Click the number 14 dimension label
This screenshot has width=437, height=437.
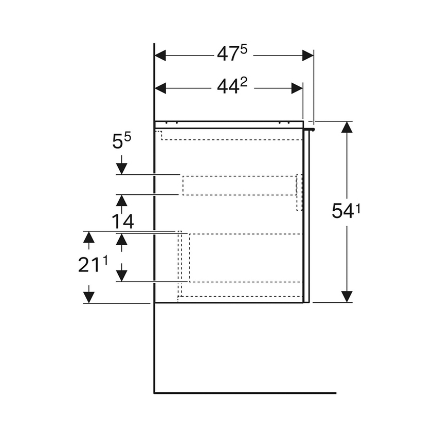click(121, 222)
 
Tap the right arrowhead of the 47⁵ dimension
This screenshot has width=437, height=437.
click(307, 55)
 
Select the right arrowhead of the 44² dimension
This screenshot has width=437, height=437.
click(297, 88)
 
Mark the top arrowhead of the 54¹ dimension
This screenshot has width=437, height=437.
click(348, 128)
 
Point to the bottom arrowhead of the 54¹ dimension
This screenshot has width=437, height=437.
click(348, 296)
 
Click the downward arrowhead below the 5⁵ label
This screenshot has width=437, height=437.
click(121, 169)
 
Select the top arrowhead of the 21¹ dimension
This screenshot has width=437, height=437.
click(89, 237)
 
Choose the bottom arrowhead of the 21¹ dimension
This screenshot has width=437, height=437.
click(89, 297)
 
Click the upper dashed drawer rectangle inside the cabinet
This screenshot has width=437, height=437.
click(239, 185)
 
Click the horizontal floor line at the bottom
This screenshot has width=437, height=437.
click(245, 393)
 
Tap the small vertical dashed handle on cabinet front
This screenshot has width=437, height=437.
click(299, 192)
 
